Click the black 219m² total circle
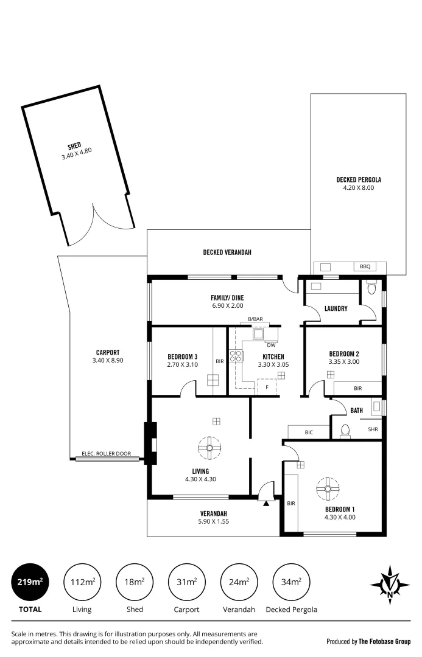(29, 582)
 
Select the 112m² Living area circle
(82, 582)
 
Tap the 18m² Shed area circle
(134, 582)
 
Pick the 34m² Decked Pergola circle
(291, 582)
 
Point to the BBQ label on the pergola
(364, 266)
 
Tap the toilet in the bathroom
(345, 431)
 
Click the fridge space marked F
(266, 386)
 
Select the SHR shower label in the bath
(373, 429)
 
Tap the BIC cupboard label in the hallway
(309, 432)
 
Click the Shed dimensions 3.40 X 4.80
(76, 157)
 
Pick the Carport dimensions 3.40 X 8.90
(107, 361)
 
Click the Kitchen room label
(273, 356)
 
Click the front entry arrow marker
(266, 504)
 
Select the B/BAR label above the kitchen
(256, 319)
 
